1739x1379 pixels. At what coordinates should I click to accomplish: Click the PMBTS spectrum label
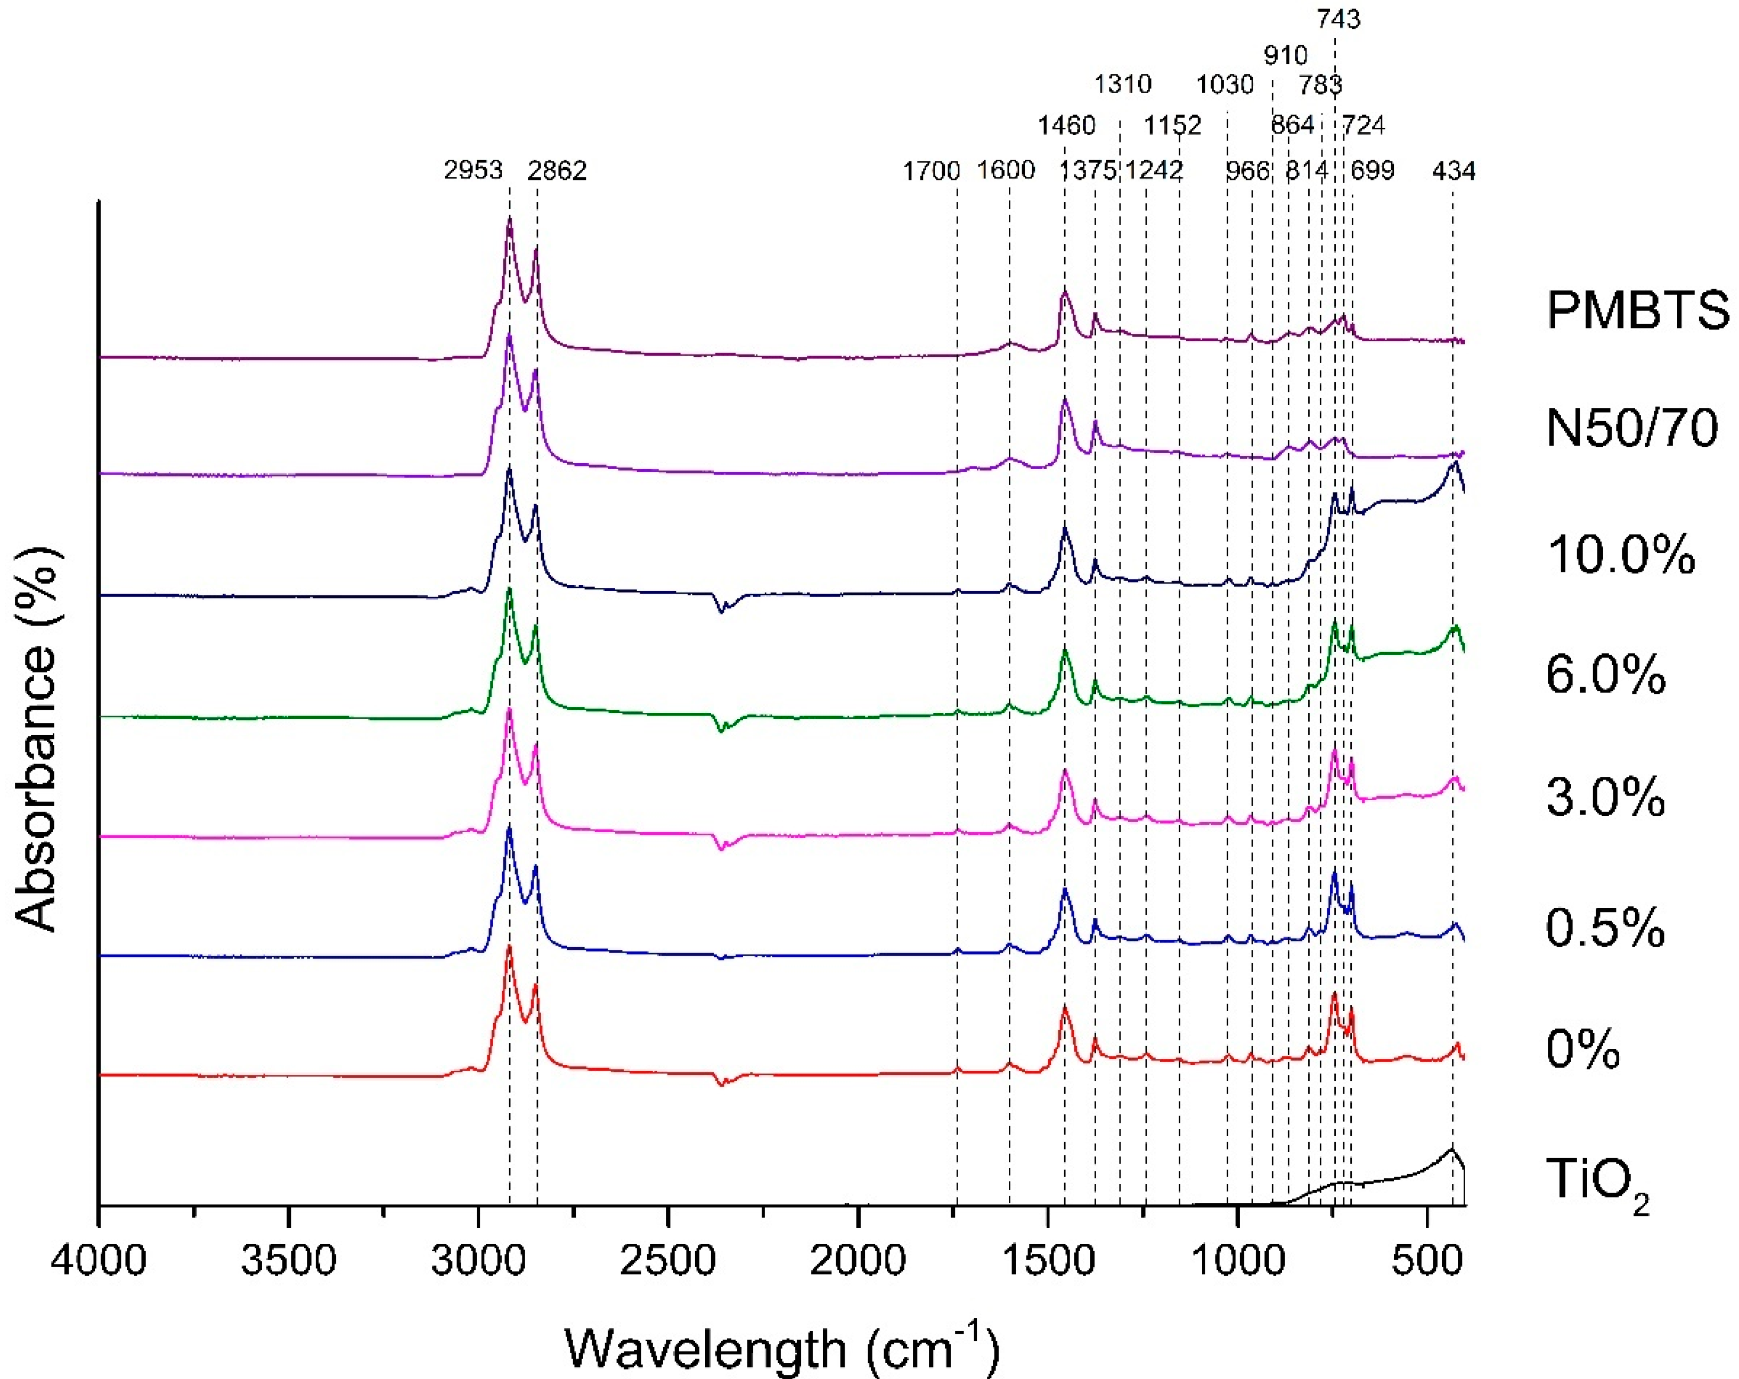click(1637, 310)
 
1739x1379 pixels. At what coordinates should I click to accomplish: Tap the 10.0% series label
click(1620, 555)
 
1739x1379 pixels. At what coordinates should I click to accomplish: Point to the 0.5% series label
click(1605, 927)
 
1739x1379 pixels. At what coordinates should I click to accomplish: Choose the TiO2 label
click(1597, 1181)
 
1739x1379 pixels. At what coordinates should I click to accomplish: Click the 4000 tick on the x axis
click(99, 1260)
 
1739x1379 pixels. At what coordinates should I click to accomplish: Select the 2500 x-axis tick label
click(668, 1260)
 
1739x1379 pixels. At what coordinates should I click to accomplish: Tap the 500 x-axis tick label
click(1427, 1260)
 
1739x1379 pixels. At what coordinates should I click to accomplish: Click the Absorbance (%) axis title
click(36, 740)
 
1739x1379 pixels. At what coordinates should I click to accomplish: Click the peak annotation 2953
click(473, 171)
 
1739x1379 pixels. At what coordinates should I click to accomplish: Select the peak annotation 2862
click(557, 171)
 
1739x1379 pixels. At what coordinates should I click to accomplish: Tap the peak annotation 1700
click(931, 171)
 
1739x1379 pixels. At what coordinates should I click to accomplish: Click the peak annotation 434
click(1454, 171)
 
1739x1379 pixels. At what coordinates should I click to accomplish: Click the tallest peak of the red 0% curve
click(509, 948)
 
